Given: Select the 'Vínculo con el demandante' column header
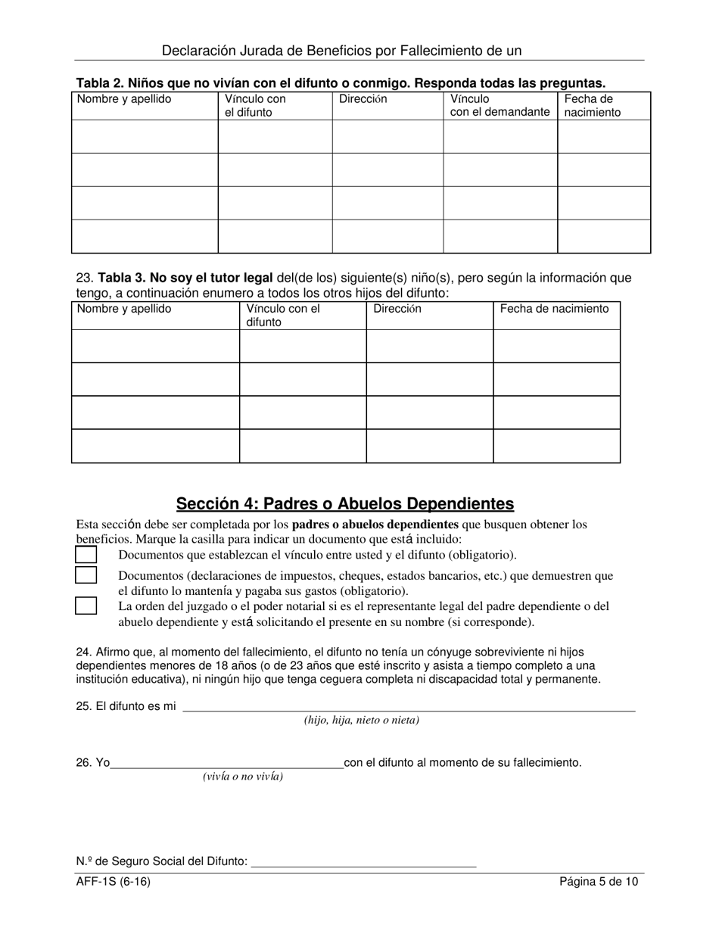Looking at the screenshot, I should [x=500, y=106].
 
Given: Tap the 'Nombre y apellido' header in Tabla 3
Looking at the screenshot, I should [x=124, y=309].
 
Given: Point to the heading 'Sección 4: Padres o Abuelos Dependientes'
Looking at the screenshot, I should [x=344, y=503].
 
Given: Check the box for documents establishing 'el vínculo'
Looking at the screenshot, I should [x=86, y=555].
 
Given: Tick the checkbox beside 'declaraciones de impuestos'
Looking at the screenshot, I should [x=86, y=575].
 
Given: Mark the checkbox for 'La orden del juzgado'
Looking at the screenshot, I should [x=86, y=606].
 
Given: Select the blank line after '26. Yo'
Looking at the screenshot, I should [x=227, y=763].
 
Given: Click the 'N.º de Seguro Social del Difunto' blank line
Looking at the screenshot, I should [x=363, y=861].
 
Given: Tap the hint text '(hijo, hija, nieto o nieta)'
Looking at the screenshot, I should [x=361, y=721].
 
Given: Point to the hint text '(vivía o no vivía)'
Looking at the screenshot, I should [x=242, y=777].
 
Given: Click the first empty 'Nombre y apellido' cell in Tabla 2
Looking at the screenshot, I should [x=145, y=136].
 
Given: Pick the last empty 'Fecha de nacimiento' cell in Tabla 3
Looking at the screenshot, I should [x=556, y=446].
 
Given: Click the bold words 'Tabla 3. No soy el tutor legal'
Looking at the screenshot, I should [x=185, y=278].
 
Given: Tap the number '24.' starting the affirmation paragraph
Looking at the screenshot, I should [x=84, y=652].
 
